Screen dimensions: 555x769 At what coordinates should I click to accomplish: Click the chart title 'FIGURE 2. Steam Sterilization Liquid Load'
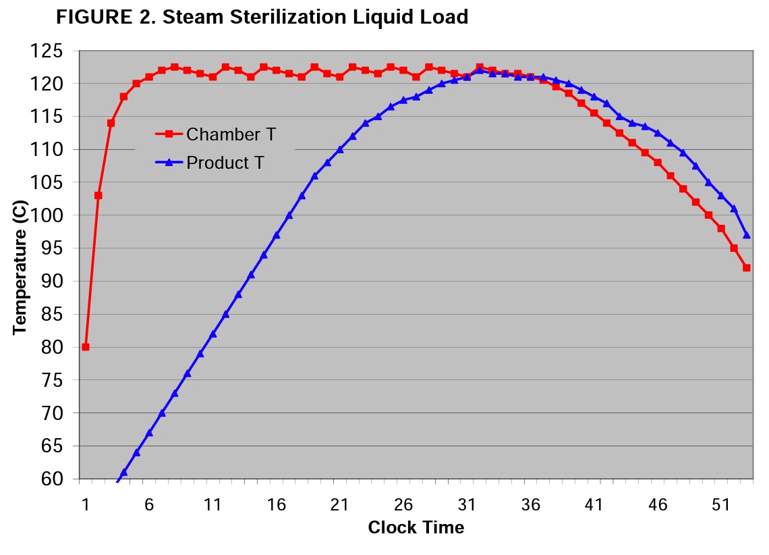[262, 17]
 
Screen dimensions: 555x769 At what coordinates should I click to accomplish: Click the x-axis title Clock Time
[416, 527]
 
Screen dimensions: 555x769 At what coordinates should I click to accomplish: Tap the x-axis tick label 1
[86, 505]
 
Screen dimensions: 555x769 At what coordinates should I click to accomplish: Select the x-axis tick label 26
[403, 505]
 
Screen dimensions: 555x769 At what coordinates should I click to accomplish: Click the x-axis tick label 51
[721, 505]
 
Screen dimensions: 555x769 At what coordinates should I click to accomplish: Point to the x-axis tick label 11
[212, 505]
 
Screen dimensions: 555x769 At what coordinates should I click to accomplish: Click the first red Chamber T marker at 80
[86, 347]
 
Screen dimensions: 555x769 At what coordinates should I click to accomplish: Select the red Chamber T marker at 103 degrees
[98, 195]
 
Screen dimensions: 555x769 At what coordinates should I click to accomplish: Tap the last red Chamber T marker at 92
[747, 268]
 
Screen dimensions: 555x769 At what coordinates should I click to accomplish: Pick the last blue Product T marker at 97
[747, 235]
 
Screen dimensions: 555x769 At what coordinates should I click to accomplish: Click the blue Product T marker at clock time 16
[277, 235]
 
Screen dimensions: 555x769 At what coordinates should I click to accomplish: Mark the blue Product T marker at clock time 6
[149, 432]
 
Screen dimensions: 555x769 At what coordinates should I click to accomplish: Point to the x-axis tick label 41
[594, 505]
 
